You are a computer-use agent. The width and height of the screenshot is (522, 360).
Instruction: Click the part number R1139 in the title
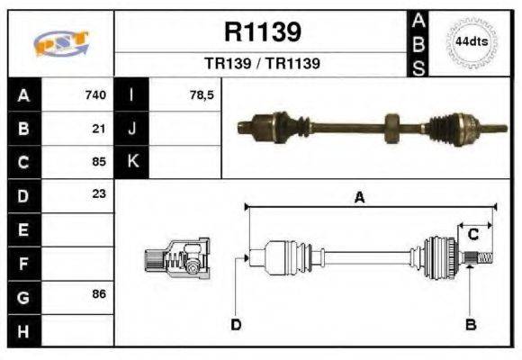[x=261, y=32]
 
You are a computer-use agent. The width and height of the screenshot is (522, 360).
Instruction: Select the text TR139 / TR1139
[x=261, y=64]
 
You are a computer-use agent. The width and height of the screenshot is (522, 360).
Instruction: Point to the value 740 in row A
[x=95, y=94]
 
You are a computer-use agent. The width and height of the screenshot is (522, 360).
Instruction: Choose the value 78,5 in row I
[x=202, y=94]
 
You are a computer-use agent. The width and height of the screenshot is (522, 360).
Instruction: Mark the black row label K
[x=132, y=162]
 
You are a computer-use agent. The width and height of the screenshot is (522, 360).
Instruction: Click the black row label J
[x=132, y=128]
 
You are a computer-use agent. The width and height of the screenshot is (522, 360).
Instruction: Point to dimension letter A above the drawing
[x=359, y=198]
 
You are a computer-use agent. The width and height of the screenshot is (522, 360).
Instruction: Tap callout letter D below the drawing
[x=236, y=324]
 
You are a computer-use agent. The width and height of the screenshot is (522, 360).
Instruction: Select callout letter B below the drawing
[x=470, y=324]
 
